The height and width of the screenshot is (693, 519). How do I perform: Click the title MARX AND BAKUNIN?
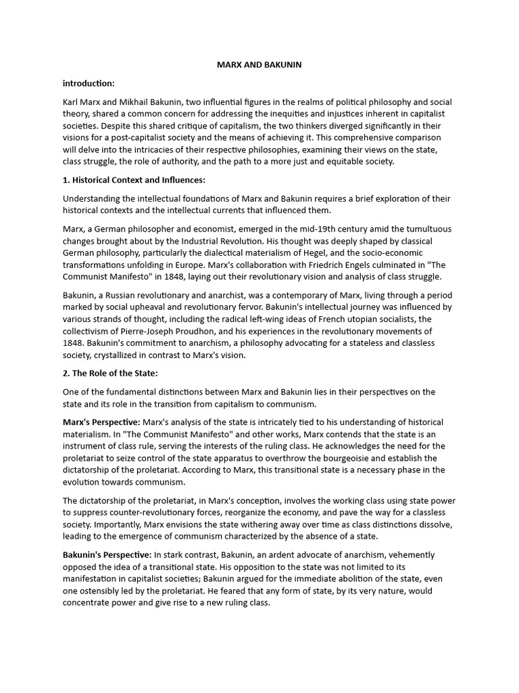pos(259,64)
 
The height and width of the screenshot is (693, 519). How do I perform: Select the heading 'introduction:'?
pos(89,83)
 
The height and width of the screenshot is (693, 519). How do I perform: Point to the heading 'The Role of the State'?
pos(114,373)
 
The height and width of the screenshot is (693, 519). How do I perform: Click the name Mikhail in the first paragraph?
pos(137,102)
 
